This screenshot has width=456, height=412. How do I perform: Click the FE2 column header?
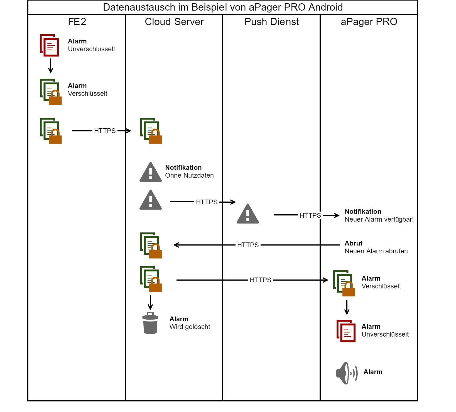[x=77, y=22]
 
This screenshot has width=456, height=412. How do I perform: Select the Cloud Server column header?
[x=174, y=22]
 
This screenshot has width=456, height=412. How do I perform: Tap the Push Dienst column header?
[x=272, y=22]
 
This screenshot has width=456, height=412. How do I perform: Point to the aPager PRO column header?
[x=369, y=22]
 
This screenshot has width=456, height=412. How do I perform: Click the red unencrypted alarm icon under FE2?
[x=49, y=45]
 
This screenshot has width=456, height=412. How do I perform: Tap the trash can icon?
[x=150, y=323]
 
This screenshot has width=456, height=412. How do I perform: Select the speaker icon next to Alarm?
[x=347, y=373]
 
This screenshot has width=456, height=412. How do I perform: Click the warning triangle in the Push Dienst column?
[x=248, y=214]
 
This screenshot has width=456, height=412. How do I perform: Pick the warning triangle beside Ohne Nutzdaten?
[x=151, y=172]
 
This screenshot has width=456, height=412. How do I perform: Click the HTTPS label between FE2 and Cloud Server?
[x=105, y=131]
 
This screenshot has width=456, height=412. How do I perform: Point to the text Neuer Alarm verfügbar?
[x=379, y=219]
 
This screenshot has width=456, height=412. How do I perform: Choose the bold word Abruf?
[x=354, y=243]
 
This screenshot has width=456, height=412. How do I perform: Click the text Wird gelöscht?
[x=190, y=327]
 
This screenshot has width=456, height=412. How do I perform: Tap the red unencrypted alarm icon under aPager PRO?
[x=346, y=331]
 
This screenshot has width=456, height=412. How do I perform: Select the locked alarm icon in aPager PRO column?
[x=344, y=283]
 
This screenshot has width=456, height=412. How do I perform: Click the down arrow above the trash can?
[x=150, y=303]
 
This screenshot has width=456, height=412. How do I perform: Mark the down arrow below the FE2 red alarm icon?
[x=51, y=66]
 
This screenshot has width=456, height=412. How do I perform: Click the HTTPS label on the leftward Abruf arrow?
[x=248, y=245]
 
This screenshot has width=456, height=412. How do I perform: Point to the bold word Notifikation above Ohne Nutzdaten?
[x=183, y=168]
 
